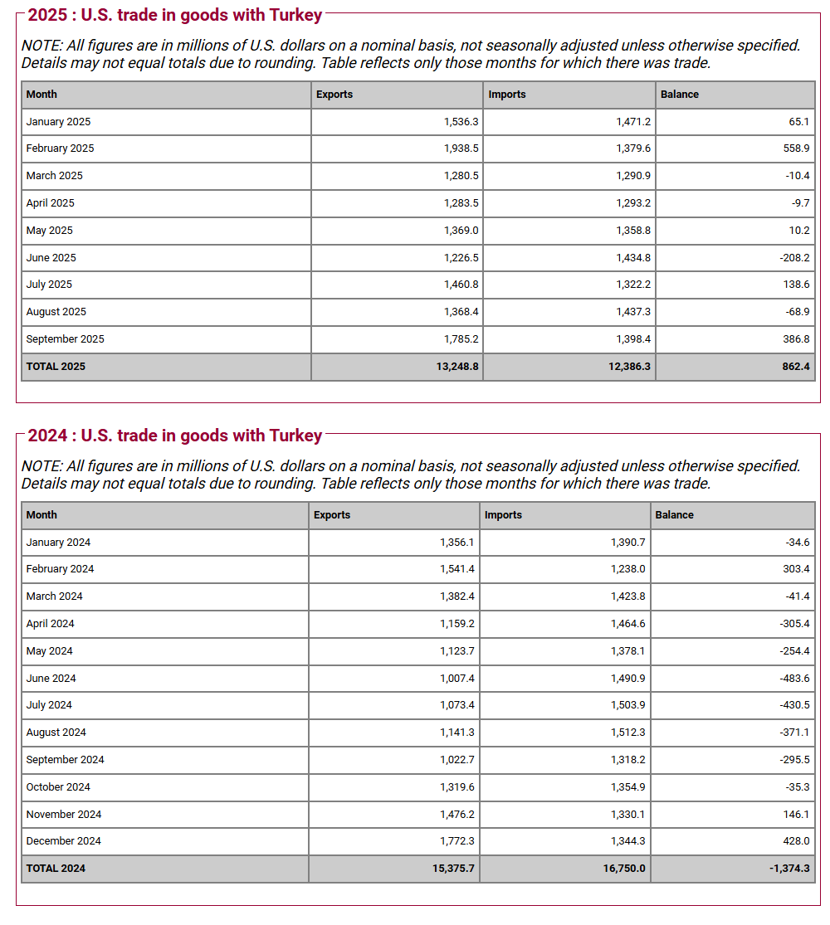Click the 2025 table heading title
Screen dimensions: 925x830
click(174, 15)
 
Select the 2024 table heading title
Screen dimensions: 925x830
click(174, 436)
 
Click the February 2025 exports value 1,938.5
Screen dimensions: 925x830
click(461, 148)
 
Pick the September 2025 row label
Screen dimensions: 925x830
click(65, 339)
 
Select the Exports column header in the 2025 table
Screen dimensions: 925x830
click(334, 95)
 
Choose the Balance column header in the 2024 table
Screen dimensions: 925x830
click(674, 515)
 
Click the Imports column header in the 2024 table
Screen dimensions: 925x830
click(503, 515)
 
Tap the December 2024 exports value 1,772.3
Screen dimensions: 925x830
click(457, 841)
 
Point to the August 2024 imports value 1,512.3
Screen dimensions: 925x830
click(627, 733)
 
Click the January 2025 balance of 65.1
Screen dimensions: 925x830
click(798, 122)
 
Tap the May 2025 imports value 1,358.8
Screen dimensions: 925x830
click(632, 231)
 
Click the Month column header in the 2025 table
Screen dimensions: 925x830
click(41, 95)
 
